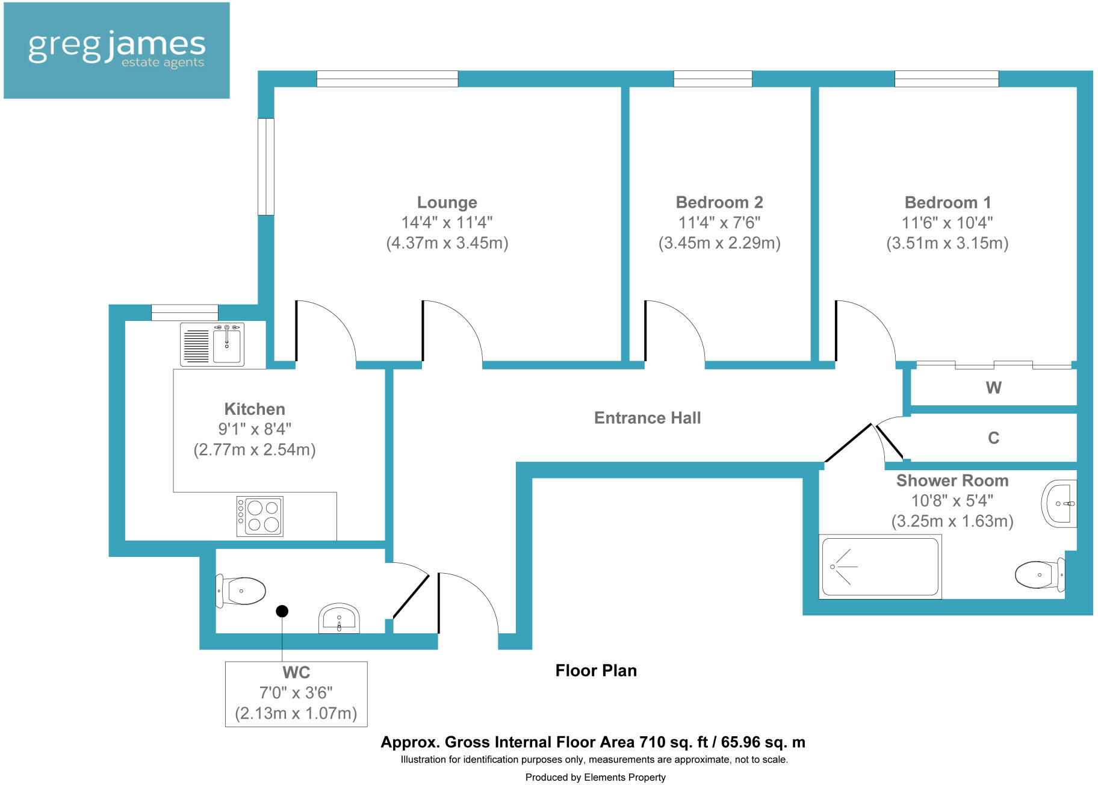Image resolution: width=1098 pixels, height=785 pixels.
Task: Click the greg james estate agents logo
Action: (116, 50)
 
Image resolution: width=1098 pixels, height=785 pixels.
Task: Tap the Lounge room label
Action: (447, 202)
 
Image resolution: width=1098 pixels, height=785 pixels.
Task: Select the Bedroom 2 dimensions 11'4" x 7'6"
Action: (719, 223)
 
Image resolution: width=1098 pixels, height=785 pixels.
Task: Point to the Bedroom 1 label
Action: (947, 202)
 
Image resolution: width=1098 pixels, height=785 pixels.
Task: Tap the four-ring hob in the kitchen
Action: (259, 517)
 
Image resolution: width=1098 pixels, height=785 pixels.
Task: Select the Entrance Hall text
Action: (647, 418)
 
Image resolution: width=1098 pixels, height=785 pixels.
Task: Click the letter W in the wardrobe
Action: (993, 388)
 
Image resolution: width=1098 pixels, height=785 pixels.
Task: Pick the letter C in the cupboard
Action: (993, 438)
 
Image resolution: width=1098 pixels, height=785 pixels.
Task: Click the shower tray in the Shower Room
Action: (879, 566)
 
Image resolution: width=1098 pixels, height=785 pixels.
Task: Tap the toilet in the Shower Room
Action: (1039, 575)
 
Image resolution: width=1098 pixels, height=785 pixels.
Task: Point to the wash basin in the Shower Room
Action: (1059, 503)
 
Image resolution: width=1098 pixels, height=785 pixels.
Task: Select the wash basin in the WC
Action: (339, 618)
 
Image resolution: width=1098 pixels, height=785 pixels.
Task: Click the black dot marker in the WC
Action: (282, 611)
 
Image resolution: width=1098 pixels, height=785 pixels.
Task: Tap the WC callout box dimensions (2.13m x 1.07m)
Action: (296, 713)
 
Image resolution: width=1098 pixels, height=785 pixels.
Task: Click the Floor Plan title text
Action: (595, 671)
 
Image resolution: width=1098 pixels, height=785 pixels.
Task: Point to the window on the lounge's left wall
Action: (265, 167)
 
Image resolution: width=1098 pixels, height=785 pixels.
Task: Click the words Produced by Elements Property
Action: (595, 777)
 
